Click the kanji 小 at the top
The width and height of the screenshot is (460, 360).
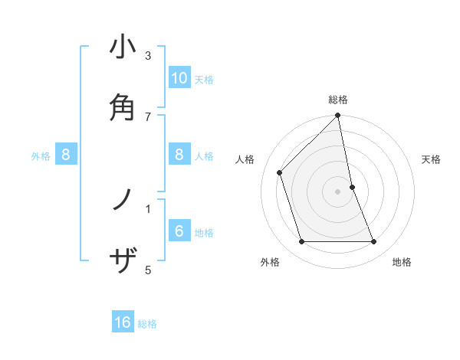[123, 47]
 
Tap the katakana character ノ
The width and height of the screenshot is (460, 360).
[123, 201]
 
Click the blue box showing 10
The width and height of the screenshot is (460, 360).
[179, 78]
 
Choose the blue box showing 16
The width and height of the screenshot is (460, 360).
[123, 322]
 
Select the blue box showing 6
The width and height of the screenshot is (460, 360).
[179, 231]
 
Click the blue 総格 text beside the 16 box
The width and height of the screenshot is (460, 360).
[147, 324]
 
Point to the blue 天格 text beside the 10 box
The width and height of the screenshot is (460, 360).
[203, 80]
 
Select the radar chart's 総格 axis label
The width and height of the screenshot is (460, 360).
[338, 100]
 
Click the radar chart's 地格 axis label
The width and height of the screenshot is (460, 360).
[402, 262]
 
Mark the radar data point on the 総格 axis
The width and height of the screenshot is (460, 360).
[338, 116]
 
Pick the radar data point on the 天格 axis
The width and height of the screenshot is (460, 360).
[352, 186]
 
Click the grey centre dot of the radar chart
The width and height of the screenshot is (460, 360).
[338, 191]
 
